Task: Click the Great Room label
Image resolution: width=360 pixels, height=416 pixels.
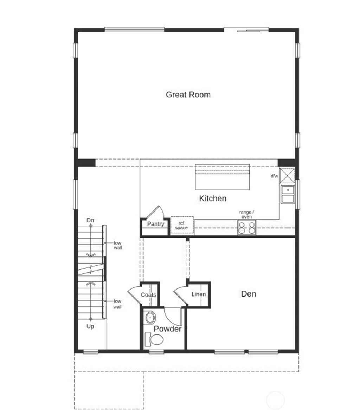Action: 188,95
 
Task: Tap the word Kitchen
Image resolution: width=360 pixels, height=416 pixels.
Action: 213,199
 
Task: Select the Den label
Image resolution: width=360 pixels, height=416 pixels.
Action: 248,294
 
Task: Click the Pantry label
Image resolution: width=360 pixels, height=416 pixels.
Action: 155,224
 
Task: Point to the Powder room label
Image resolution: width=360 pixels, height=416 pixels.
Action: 168,329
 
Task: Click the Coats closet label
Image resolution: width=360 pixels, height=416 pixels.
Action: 148,295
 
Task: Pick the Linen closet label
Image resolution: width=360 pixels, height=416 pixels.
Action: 199,294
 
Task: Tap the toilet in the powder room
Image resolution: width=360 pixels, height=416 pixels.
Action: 155,340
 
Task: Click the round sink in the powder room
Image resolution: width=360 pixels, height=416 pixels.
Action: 150,318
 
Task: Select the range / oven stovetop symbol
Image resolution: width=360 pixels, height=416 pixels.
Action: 247,227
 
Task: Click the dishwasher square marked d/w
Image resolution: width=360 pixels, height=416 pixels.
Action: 287,176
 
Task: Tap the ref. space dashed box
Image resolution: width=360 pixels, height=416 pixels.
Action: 182,226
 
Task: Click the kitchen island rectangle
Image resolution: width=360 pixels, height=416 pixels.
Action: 222,177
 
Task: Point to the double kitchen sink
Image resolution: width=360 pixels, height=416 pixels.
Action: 288,195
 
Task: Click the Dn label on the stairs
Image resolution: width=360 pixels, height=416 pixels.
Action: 90,220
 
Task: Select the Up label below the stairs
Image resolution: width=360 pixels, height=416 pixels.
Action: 90,326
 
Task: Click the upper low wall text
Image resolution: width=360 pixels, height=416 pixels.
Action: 118,245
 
